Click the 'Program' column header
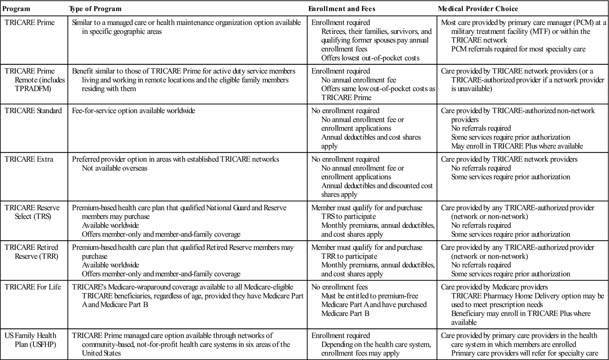click(17, 9)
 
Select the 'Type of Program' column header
click(95, 9)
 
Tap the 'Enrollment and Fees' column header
click(341, 9)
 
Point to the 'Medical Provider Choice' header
click(478, 9)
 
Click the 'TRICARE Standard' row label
click(33, 111)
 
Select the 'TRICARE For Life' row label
click(33, 287)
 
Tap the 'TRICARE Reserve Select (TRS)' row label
click(32, 212)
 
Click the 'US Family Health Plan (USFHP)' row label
click(30, 340)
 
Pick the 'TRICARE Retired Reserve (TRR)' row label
click(32, 252)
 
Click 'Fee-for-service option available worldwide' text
click(133, 111)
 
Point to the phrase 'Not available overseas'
click(115, 168)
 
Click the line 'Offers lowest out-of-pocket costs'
click(370, 58)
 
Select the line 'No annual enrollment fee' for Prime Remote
click(359, 80)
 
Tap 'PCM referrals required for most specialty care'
click(518, 49)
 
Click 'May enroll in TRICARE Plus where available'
click(517, 146)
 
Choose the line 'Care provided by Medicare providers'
click(494, 287)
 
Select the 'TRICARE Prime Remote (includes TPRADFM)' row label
click(34, 80)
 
